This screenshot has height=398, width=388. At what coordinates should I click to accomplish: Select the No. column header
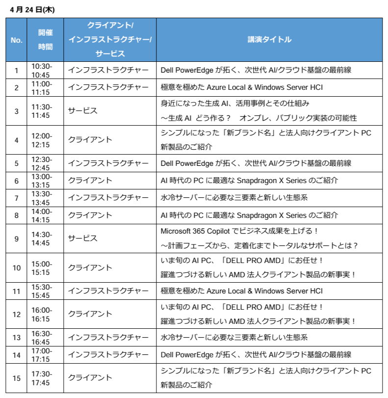coord(16,40)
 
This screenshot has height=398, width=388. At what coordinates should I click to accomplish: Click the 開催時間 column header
coord(46,40)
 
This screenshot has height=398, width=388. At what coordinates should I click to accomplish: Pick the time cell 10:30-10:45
coord(42,70)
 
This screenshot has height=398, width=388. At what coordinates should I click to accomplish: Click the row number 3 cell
coord(16,111)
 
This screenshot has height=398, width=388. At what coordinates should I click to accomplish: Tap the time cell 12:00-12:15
coord(42,140)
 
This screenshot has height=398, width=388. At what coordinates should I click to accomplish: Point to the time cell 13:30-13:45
coord(42,198)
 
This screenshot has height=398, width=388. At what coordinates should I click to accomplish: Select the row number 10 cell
coord(16,267)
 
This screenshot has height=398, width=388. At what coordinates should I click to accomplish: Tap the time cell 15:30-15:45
coord(42,291)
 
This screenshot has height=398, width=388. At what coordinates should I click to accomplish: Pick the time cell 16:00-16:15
coord(42,314)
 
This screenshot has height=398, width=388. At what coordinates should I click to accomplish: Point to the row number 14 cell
coord(16,354)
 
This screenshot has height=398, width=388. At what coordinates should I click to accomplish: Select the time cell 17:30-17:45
coord(42,377)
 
